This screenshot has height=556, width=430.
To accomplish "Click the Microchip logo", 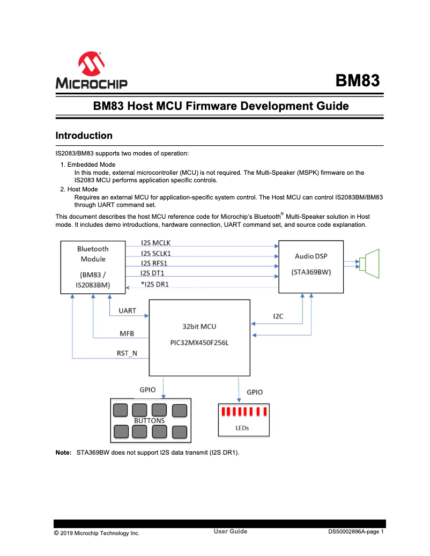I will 91,70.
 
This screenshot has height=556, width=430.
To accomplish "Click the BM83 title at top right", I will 357,80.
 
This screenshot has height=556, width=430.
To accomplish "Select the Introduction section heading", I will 84,136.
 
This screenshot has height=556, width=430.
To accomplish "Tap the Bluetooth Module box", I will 93,267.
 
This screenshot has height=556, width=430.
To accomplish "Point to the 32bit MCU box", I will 199,338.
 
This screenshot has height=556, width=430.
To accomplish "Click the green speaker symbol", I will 370,264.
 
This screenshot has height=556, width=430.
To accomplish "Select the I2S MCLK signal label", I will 155,243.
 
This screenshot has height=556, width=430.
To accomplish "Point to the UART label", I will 127,310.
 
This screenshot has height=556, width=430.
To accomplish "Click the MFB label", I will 127,333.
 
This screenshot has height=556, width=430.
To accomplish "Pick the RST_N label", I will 127,353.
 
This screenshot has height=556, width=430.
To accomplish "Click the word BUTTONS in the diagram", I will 149,421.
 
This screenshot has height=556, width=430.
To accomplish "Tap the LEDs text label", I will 242,428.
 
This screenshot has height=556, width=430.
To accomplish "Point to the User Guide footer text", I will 230,531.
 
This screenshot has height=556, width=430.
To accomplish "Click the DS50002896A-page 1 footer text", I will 356,532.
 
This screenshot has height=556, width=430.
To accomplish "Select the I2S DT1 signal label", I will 152,273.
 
